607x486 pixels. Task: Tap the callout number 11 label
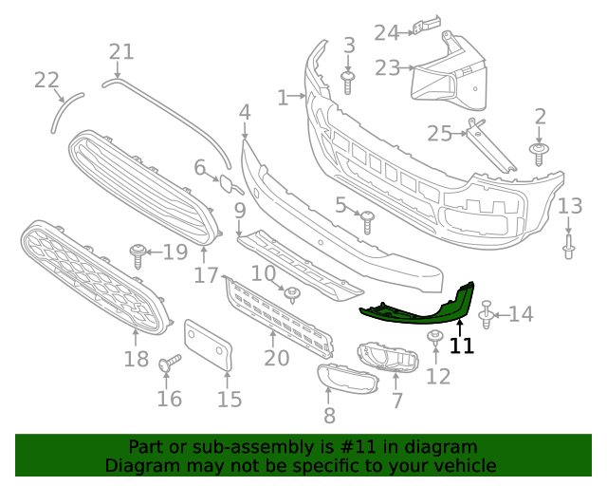tap(462, 346)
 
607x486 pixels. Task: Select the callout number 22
tap(46, 81)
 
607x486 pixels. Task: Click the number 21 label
tap(121, 51)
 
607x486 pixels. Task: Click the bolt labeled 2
tap(540, 154)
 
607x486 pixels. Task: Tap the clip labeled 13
tap(569, 247)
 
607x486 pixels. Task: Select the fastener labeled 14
tap(487, 313)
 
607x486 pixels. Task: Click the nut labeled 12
tap(436, 338)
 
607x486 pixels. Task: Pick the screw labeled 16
tap(170, 364)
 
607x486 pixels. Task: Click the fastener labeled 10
tap(292, 293)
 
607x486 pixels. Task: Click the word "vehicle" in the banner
tap(461, 466)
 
